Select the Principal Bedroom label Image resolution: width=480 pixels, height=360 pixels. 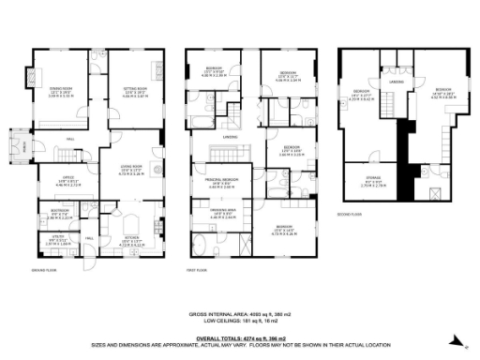click(221, 182)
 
